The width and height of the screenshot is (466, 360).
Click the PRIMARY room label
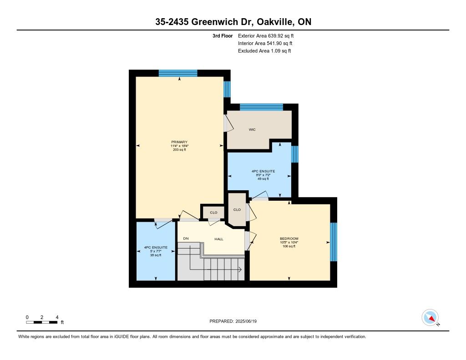[179, 142]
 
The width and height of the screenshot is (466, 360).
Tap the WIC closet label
[252, 130]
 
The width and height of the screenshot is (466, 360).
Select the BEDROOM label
[289, 238]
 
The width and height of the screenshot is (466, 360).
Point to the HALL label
[219, 239]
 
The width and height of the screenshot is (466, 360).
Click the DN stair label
[186, 238]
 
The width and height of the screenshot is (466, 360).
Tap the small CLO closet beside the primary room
[213, 213]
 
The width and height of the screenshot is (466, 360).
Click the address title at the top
[233, 22]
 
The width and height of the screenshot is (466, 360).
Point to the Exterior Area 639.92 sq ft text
[266, 35]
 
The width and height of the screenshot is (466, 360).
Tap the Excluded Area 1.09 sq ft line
[264, 51]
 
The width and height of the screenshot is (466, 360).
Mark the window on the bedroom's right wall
[334, 242]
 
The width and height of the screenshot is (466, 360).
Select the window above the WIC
[261, 107]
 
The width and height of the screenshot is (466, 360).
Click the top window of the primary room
[178, 73]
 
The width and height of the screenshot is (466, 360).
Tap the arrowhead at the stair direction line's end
[240, 269]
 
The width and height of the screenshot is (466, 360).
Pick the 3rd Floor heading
[223, 35]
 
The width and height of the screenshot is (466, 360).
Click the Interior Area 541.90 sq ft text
[265, 43]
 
